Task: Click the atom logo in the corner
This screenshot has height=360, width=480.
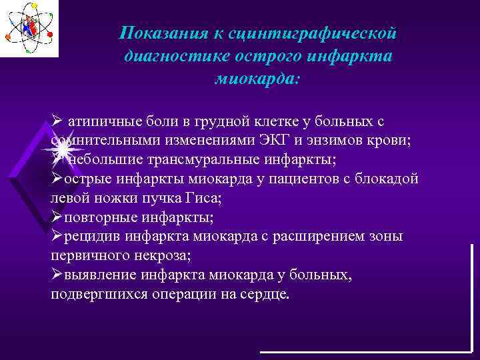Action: tap(29, 29)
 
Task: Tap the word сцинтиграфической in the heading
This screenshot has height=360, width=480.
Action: tap(314, 33)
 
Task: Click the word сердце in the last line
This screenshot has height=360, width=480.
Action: tap(267, 294)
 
